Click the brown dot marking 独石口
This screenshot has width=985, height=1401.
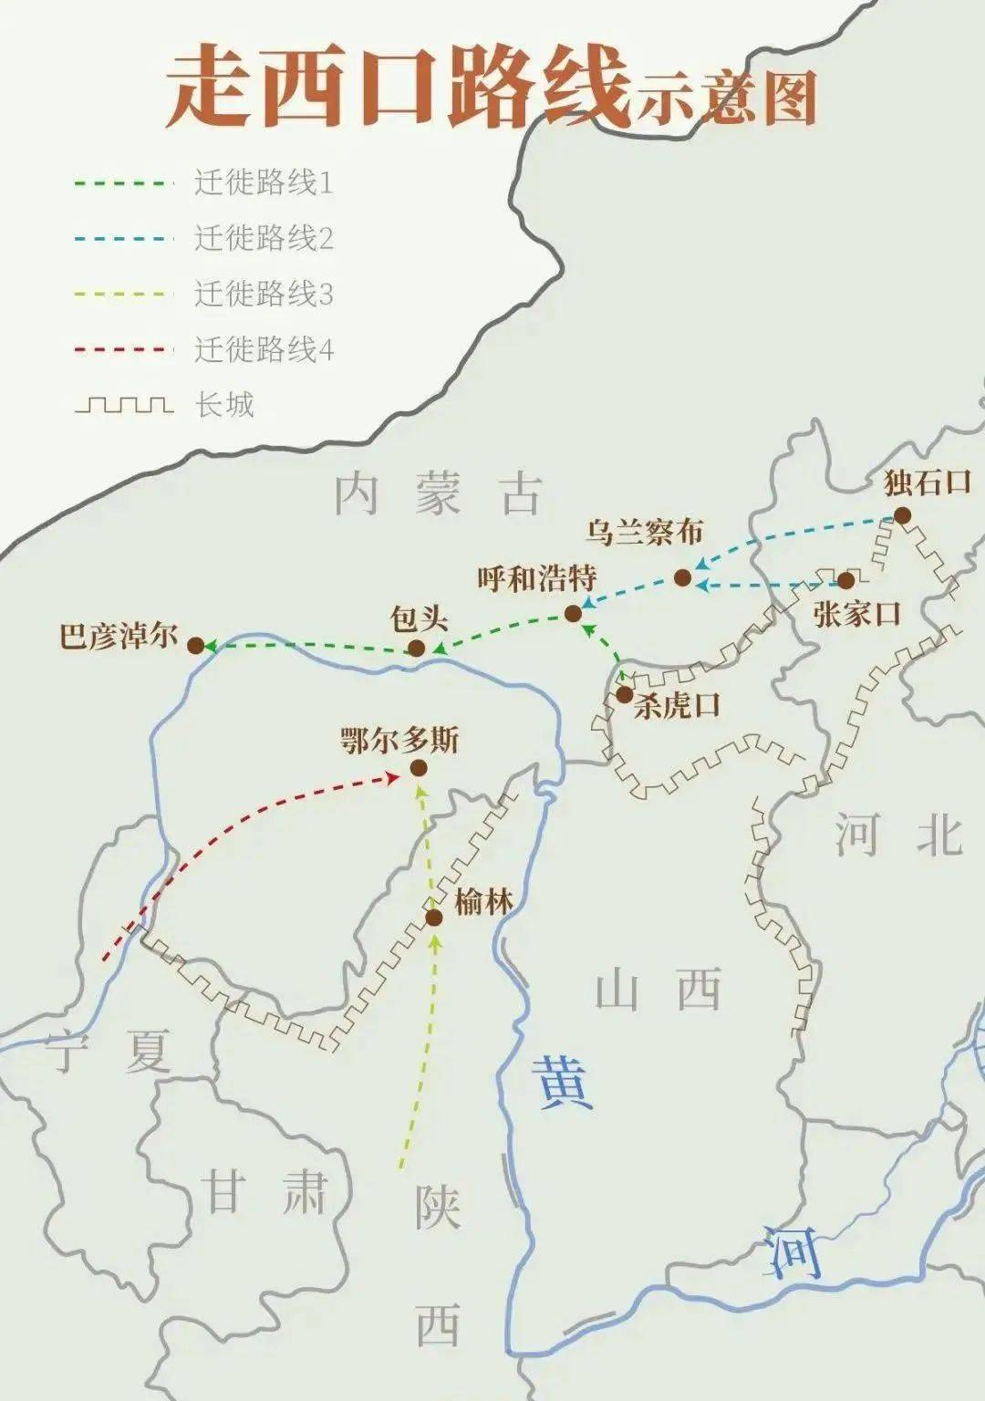pos(902,515)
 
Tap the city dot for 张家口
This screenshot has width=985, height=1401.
pos(845,581)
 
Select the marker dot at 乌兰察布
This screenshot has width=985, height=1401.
pos(682,577)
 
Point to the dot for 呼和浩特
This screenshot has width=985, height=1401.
pos(573,614)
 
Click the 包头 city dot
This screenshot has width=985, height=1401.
pos(416,649)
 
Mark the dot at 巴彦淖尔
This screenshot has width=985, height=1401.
pos(195,646)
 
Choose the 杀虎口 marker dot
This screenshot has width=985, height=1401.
pos(624,694)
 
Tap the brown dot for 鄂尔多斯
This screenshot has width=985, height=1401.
pos(419,768)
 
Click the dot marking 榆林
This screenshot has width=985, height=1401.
pos(434,918)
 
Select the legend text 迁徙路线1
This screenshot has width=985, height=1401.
pos(264,183)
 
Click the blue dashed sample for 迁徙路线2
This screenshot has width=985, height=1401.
pos(123,239)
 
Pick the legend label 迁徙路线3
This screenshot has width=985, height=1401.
pos(264,294)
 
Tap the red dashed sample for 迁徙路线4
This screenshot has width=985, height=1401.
pos(123,349)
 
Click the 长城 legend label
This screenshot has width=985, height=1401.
pos(224,404)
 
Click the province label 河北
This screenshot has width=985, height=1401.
pos(898,835)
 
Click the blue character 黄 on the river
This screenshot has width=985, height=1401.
pos(565,1081)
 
